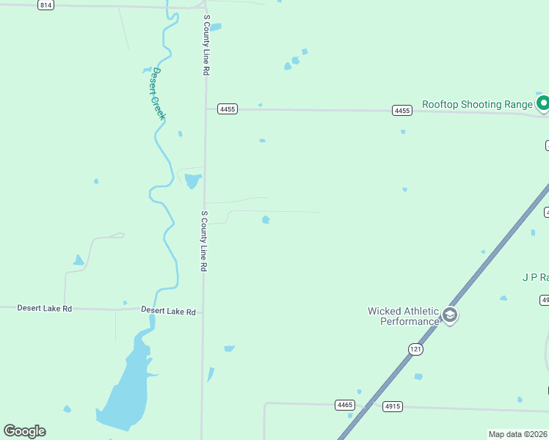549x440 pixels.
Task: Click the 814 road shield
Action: [x=46, y=5]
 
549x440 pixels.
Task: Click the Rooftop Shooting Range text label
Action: [x=477, y=105]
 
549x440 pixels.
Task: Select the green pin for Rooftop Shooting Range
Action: [x=543, y=104]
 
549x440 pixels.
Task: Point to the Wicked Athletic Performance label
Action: [x=403, y=316]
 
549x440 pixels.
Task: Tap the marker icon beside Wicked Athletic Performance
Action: [x=450, y=316]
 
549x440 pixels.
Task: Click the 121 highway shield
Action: [x=416, y=350]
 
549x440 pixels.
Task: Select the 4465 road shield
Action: [x=345, y=405]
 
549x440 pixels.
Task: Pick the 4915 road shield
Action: [x=393, y=406]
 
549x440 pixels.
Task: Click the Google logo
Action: [x=24, y=431]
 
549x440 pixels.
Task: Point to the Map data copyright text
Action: [x=518, y=434]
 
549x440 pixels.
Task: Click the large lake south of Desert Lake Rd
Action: [x=125, y=389]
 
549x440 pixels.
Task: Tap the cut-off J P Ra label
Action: [x=535, y=277]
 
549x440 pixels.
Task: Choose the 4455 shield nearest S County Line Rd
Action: [x=228, y=109]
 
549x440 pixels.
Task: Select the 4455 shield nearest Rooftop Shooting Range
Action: [x=401, y=111]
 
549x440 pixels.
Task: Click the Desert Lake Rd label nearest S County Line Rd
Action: [x=169, y=312]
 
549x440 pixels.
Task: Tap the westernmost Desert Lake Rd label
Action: [x=45, y=309]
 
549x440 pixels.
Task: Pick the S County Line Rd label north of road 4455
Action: [x=207, y=45]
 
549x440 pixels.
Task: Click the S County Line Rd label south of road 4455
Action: [x=204, y=242]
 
